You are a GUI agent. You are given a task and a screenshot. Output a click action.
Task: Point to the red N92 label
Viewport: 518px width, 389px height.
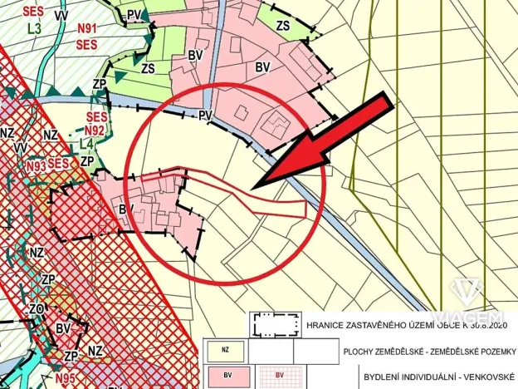(x=95, y=130)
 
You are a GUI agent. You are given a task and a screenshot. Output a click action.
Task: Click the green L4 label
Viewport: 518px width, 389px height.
(x=86, y=144)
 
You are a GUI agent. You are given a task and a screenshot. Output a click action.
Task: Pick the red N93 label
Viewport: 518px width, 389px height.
(x=35, y=166)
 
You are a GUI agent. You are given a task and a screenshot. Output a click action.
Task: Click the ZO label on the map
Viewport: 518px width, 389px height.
(x=36, y=308)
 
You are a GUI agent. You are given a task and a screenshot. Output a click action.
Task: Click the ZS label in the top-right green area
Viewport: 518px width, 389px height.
(x=283, y=26)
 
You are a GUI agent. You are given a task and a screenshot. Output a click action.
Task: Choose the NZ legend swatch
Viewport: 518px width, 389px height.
(x=224, y=349)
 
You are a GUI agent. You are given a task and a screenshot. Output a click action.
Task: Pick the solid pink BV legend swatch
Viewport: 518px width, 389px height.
(x=226, y=376)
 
